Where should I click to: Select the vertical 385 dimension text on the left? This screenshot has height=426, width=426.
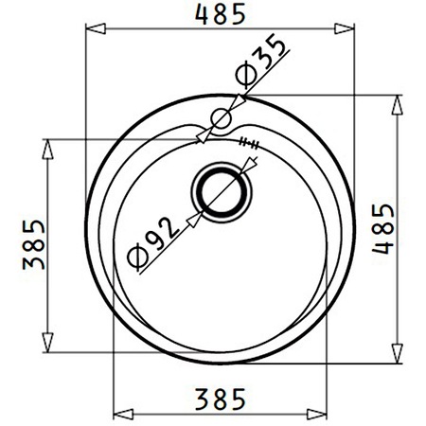pyautogui.click(x=31, y=244)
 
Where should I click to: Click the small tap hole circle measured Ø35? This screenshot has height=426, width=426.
pyautogui.click(x=222, y=118)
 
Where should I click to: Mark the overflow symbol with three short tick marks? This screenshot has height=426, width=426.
pyautogui.click(x=250, y=143)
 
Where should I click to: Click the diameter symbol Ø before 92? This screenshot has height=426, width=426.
pyautogui.click(x=134, y=256)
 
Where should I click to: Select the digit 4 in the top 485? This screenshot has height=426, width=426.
pyautogui.click(x=201, y=14)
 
